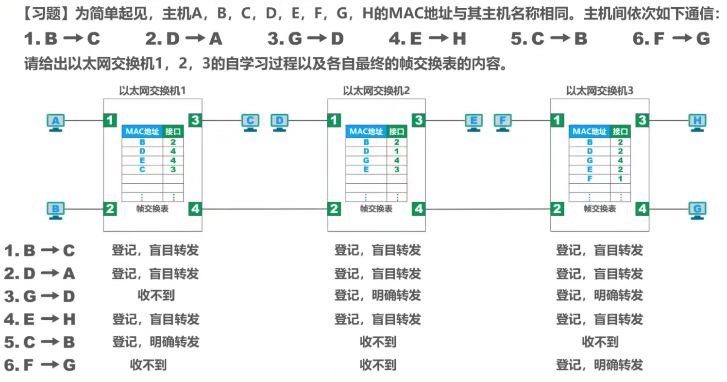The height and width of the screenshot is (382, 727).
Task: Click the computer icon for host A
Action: coord(56,122)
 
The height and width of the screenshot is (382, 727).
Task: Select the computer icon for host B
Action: coord(56,210)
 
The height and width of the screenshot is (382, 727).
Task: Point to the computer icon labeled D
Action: coord(279,122)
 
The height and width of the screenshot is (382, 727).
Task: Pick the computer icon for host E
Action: coord(473,122)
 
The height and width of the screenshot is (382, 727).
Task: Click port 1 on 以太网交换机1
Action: coord(111,120)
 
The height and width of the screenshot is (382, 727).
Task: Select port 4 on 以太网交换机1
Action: coord(195,209)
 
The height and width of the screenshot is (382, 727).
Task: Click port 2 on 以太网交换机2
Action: coord(334,209)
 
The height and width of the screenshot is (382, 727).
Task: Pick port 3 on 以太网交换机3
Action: coord(642,120)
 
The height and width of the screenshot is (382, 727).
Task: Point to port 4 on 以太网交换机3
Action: coord(642,209)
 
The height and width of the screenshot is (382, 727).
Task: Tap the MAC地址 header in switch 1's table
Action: coord(142,131)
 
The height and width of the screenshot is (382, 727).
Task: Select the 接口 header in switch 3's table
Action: coord(620,131)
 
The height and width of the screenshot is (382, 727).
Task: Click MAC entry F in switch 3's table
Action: coord(590,179)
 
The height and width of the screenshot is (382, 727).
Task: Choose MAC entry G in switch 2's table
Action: coord(366,160)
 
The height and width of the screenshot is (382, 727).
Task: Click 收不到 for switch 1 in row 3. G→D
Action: coord(156,295)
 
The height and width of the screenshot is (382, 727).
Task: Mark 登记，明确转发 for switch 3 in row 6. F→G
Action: coord(599,365)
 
